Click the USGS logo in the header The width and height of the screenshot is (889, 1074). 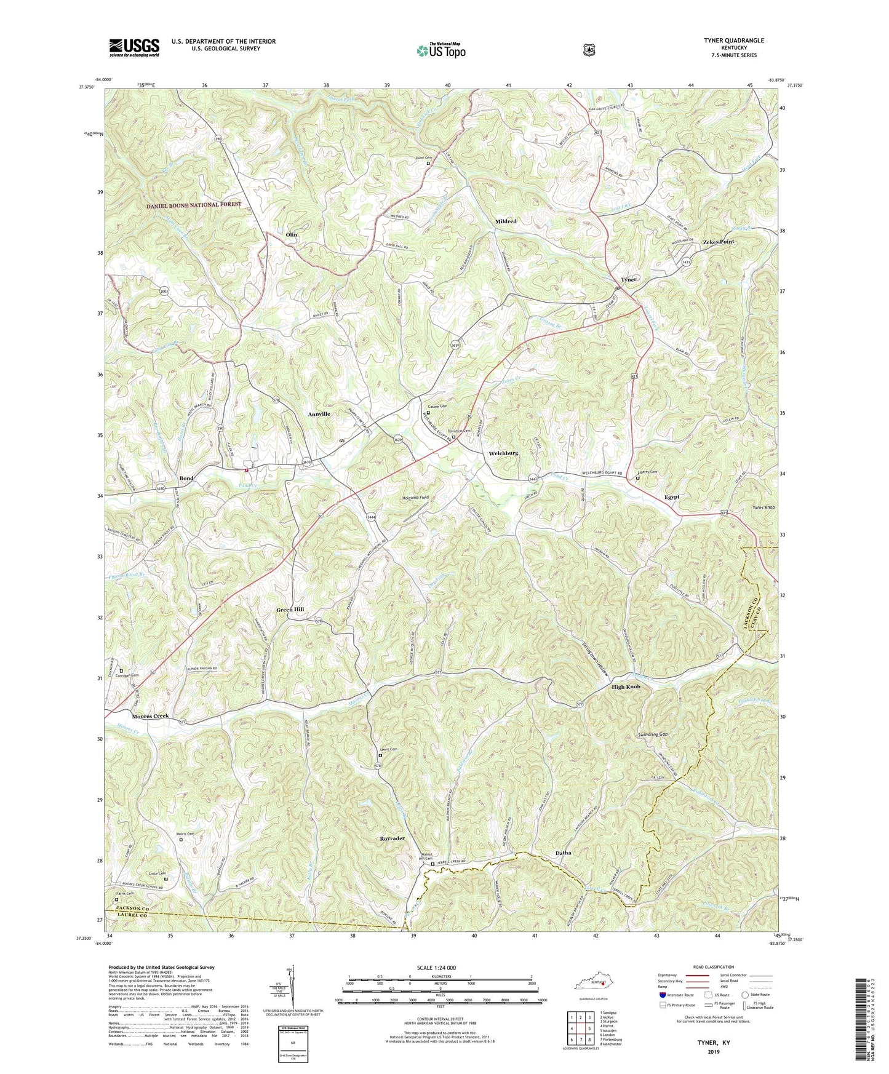[x=134, y=47]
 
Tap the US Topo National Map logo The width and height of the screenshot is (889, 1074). [x=441, y=50]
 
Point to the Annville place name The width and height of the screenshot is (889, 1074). [x=319, y=414]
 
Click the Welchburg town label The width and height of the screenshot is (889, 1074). [x=503, y=453]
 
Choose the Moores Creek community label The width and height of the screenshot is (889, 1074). [x=150, y=716]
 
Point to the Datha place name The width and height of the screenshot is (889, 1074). [x=563, y=853]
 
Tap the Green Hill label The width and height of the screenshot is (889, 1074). [x=290, y=609]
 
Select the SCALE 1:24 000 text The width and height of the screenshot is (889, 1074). [x=440, y=968]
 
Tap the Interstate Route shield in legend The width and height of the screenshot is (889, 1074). [x=662, y=995]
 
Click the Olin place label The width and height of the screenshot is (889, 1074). [x=291, y=235]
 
